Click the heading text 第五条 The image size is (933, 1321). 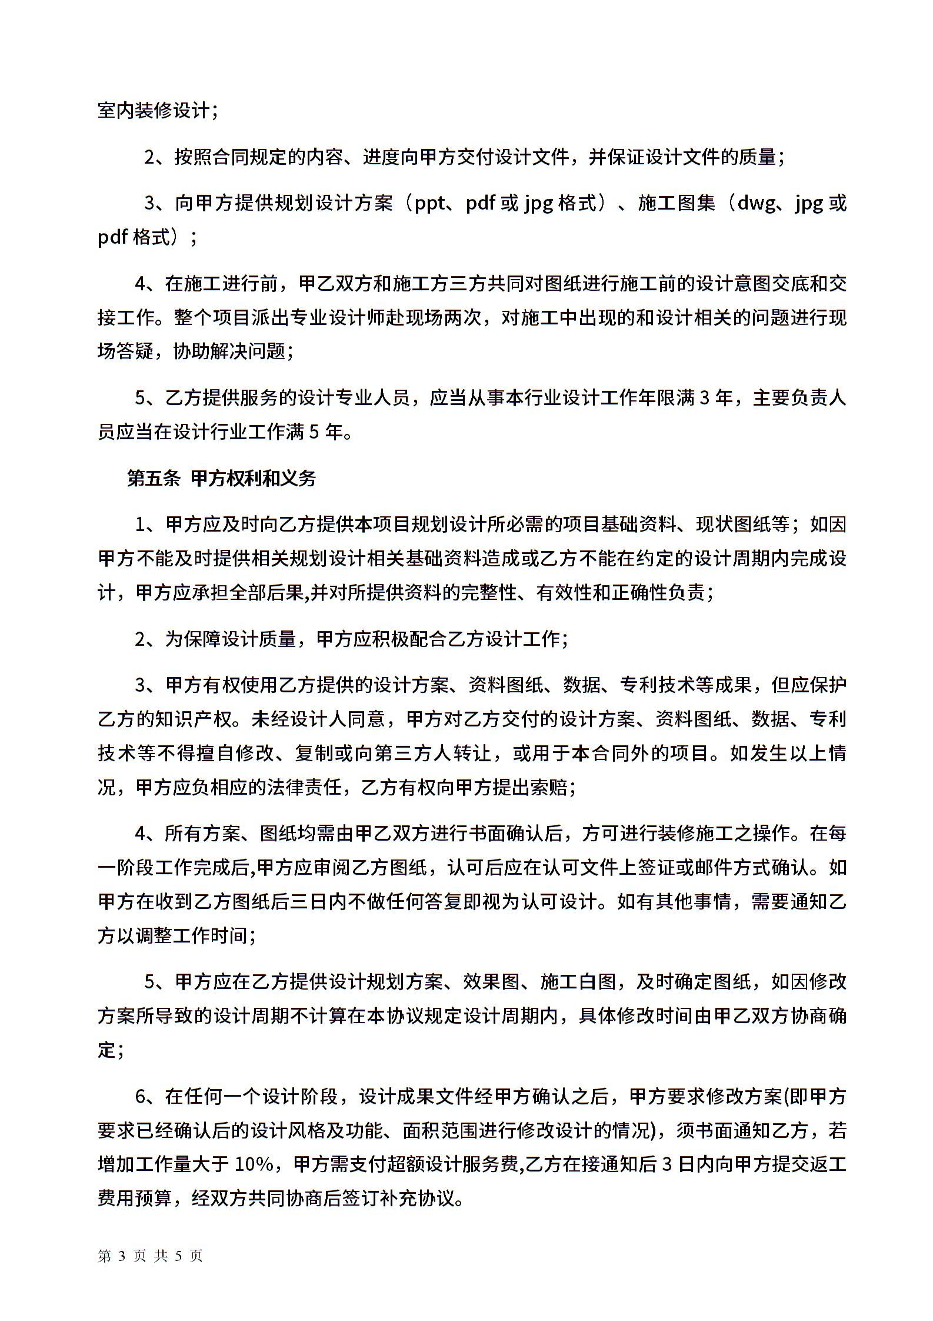pyautogui.click(x=154, y=479)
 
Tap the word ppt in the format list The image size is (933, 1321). pyautogui.click(x=430, y=203)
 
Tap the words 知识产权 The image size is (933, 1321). pyautogui.click(x=192, y=719)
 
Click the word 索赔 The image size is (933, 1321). pyautogui.click(x=549, y=787)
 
